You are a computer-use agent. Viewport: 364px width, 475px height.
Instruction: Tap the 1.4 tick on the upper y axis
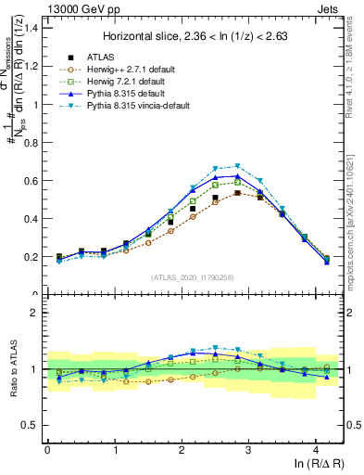pyautogui.click(x=32, y=27)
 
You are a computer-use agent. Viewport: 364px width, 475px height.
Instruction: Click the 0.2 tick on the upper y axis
pyautogui.click(x=32, y=257)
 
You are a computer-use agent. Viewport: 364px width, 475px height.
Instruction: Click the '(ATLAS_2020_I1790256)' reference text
pyautogui.click(x=193, y=277)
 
